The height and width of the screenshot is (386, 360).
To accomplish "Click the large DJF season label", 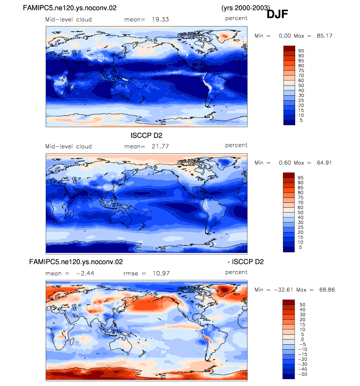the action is (x=277, y=14).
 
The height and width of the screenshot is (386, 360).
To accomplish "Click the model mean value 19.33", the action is (x=160, y=20).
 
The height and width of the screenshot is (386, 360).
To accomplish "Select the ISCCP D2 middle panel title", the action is (x=146, y=136).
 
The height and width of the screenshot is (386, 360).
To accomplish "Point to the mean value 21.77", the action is (x=160, y=146).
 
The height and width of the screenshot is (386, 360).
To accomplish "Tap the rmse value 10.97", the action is (x=161, y=274).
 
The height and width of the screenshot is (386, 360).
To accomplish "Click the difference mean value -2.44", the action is (x=85, y=274).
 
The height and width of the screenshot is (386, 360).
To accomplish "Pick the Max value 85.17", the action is (x=325, y=36).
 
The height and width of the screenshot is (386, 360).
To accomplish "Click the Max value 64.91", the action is (x=324, y=163).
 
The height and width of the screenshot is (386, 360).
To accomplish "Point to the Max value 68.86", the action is (x=327, y=290).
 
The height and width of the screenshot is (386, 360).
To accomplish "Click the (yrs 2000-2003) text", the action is (x=246, y=8).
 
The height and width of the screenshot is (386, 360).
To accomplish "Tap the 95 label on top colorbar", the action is (x=301, y=51).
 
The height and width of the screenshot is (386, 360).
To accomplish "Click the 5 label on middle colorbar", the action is (x=301, y=247).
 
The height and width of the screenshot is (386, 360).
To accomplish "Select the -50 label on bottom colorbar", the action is (x=303, y=374).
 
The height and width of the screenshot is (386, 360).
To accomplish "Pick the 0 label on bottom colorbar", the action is (x=303, y=339).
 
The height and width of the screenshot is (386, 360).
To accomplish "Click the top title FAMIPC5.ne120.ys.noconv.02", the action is (x=70, y=8).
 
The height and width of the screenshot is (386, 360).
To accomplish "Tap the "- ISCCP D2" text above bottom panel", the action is (x=246, y=262).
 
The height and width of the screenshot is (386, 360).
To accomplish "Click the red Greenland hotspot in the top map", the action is (x=224, y=36).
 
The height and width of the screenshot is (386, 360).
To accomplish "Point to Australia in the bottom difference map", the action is (x=121, y=344).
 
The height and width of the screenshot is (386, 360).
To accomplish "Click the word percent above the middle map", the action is (x=236, y=145).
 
